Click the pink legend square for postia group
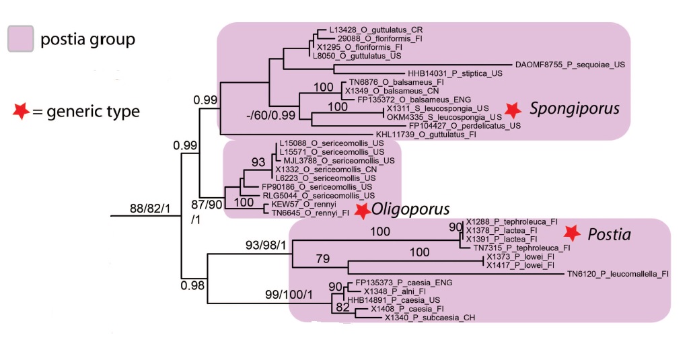point(20,38)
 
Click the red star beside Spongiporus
point(513,109)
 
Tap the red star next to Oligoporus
point(363,211)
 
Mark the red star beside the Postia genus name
point(572,233)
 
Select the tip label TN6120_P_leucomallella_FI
point(618,274)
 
